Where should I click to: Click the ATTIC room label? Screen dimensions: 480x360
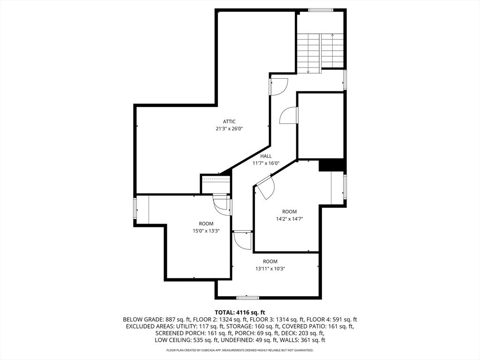tap(229, 121)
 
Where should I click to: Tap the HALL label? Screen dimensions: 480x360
tap(266, 156)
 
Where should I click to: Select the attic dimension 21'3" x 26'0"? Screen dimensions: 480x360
tap(229, 129)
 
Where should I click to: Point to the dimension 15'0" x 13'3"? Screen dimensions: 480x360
tap(206, 231)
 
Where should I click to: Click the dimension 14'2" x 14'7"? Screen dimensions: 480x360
tap(289, 219)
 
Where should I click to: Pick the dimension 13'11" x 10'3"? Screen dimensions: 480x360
tap(270, 269)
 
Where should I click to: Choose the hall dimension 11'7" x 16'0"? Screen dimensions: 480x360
tap(266, 163)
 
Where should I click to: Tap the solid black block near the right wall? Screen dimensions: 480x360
tap(332, 165)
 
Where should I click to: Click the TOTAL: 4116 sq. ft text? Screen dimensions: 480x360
tap(240, 313)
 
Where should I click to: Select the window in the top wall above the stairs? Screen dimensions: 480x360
tap(320, 10)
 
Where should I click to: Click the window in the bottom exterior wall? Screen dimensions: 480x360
tap(248, 298)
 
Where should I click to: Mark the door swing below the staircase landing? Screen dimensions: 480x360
tap(279, 87)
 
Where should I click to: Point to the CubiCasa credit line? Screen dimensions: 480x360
tap(240, 350)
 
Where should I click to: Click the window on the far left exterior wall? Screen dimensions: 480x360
tap(135, 209)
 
